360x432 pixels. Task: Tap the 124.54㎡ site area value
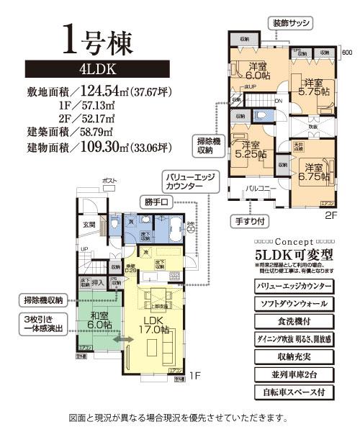115,92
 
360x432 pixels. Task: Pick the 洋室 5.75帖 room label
315,86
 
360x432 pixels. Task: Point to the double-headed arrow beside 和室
122,338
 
